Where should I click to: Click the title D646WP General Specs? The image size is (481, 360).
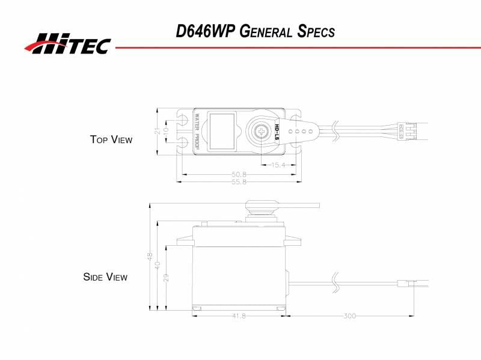point(255,31)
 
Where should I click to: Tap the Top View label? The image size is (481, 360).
point(111,139)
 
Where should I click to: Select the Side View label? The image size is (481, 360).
point(105,277)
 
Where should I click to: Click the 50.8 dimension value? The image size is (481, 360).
point(239,175)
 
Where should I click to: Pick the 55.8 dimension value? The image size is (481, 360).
point(239,181)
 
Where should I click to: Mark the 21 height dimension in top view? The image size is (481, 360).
point(158,131)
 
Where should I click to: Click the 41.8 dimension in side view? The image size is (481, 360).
point(239,316)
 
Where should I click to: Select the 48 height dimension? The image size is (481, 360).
point(150,255)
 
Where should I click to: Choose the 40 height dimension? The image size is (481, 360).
point(158,264)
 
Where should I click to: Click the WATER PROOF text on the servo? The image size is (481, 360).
point(197,130)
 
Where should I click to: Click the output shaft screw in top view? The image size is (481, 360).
point(262,130)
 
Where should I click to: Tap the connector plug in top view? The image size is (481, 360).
point(403,130)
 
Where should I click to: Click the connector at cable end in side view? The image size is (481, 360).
point(406,282)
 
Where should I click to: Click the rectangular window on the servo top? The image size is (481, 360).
point(223,130)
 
